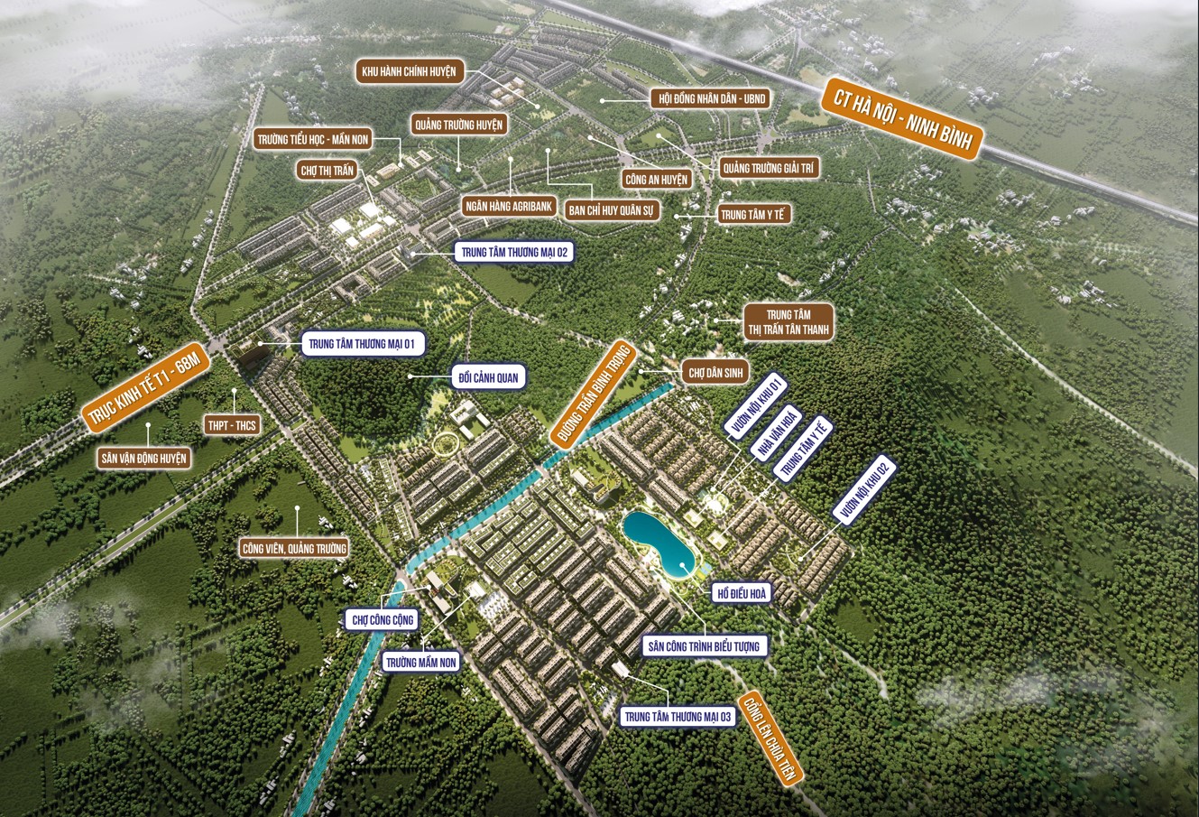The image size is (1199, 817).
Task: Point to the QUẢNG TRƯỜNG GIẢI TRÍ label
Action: coord(769,168)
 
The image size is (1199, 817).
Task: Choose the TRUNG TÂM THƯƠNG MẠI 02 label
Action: coord(513,253)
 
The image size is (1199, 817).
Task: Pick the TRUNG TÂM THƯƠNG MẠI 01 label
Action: coord(361,343)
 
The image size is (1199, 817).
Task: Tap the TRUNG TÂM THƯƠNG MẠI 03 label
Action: coord(678,717)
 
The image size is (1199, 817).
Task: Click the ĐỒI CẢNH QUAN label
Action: coord(488,377)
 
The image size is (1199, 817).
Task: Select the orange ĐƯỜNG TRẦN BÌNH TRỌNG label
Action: coord(592,390)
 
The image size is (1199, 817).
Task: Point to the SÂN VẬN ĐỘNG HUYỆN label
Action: coord(144,459)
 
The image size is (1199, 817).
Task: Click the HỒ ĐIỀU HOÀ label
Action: coord(741,593)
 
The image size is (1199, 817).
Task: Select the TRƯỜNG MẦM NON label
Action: coord(421,662)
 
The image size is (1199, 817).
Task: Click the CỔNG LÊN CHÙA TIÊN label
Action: coord(770,737)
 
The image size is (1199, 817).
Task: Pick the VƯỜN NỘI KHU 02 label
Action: coord(864,488)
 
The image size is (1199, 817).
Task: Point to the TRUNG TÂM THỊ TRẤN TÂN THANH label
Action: coord(788,322)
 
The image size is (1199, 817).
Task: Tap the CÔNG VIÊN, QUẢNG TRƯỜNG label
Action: coord(293,548)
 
